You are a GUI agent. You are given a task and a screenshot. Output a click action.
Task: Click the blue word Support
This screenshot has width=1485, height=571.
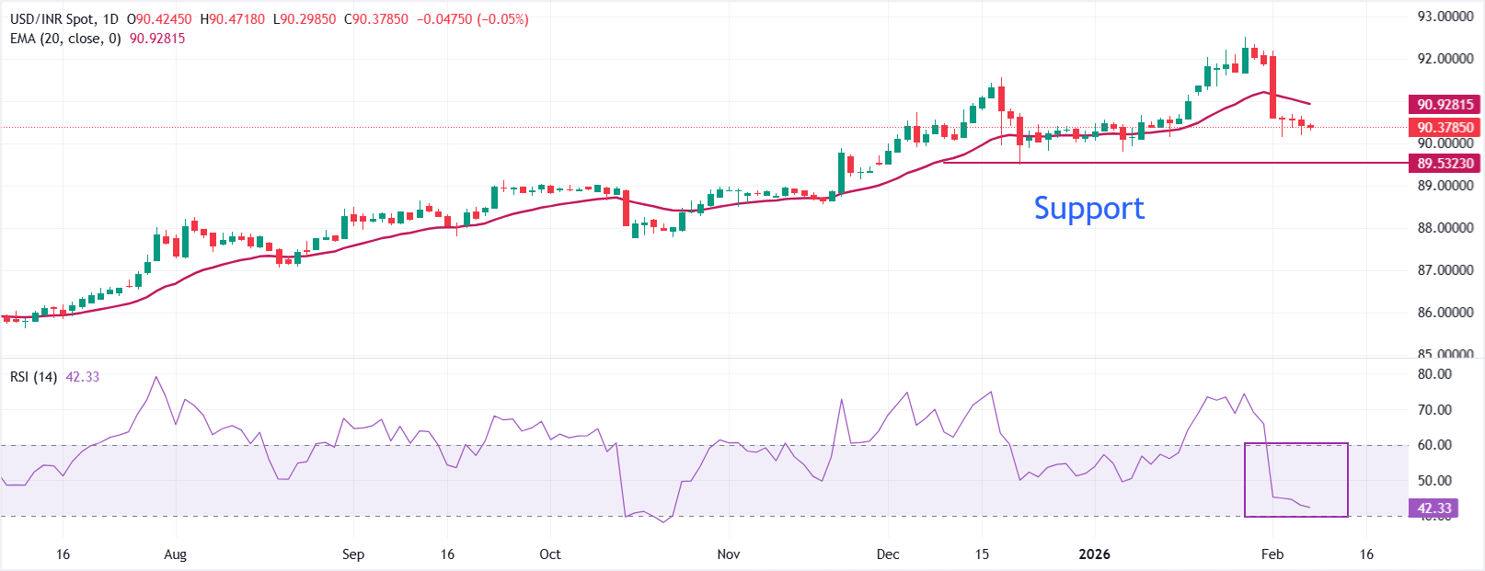click(1088, 208)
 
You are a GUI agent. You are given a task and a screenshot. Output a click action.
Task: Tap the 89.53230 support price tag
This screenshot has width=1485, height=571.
click(1445, 164)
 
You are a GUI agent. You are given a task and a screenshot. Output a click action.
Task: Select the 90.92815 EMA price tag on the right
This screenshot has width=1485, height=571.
click(1445, 105)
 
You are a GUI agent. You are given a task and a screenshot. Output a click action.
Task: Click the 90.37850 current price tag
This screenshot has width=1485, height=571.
click(1445, 128)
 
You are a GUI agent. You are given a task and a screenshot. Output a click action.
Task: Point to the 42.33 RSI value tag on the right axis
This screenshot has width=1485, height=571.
click(1433, 508)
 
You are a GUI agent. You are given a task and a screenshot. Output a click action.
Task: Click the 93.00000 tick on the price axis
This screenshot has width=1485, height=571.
click(1445, 17)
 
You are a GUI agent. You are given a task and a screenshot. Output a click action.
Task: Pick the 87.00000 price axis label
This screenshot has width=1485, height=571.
click(1445, 270)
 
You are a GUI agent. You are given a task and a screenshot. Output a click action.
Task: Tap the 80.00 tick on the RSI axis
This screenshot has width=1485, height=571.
click(1434, 374)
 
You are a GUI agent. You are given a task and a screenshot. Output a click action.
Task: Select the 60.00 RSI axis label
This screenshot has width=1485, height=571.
click(1434, 445)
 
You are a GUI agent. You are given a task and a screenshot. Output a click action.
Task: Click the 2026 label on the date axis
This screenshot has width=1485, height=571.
click(1094, 554)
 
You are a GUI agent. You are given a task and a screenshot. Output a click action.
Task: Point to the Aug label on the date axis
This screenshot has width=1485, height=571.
click(175, 554)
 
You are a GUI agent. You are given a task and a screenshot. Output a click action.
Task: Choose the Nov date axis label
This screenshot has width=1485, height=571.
click(729, 554)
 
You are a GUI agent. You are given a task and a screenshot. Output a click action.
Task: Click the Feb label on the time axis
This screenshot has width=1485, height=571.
click(1272, 554)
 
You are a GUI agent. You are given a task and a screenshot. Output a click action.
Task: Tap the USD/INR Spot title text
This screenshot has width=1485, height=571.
click(52, 19)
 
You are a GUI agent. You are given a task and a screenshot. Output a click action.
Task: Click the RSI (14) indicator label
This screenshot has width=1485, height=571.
click(34, 377)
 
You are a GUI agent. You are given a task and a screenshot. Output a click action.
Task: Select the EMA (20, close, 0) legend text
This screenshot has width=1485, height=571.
click(65, 39)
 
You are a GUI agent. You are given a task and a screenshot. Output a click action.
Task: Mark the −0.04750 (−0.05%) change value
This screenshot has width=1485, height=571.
click(472, 19)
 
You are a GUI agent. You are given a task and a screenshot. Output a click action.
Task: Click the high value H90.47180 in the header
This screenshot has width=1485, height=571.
click(232, 19)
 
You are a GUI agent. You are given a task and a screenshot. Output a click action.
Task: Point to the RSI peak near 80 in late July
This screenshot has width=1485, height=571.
click(155, 377)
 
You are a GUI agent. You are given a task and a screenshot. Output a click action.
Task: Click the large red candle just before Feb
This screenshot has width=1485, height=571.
click(1272, 87)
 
